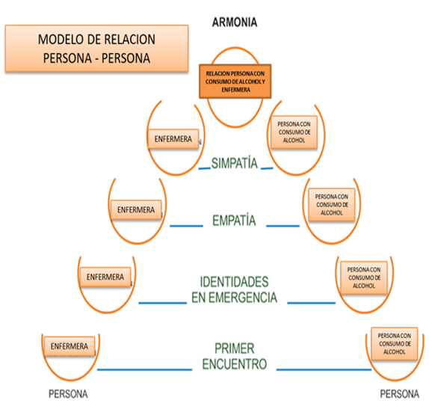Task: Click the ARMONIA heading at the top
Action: click(x=235, y=22)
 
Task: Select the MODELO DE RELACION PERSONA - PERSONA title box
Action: click(x=96, y=49)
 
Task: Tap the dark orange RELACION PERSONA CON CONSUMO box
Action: click(x=235, y=81)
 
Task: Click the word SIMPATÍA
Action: click(x=235, y=164)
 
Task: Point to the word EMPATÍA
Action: click(x=234, y=221)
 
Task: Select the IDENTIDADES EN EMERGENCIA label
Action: click(x=234, y=289)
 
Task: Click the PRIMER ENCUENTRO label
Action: click(x=235, y=356)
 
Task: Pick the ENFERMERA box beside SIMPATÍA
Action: click(x=173, y=139)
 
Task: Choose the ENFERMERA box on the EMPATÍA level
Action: click(x=136, y=210)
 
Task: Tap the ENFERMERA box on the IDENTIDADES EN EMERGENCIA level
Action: click(x=105, y=277)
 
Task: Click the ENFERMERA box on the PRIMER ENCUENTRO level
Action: click(x=70, y=346)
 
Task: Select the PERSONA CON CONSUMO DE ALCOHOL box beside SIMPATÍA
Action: click(x=294, y=132)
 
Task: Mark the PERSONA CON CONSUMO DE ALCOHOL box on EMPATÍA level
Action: click(x=332, y=205)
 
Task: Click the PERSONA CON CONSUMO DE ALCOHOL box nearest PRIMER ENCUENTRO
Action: click(x=395, y=344)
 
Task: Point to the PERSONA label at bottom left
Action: click(x=68, y=394)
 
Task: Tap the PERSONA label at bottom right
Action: click(x=399, y=394)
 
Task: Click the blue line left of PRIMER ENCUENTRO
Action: click(x=145, y=369)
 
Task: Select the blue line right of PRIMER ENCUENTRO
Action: click(x=324, y=369)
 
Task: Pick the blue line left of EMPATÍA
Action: click(x=186, y=226)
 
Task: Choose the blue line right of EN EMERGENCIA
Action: click(x=312, y=303)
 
